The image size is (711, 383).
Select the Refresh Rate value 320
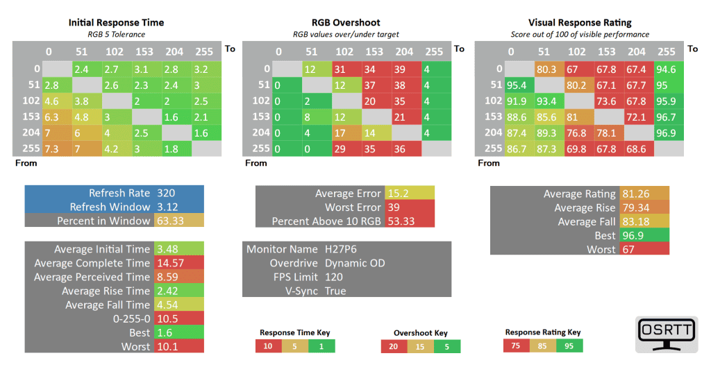coord(166,193)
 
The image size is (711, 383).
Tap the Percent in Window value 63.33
coord(170,221)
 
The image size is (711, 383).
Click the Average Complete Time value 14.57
coord(170,263)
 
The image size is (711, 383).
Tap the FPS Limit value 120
coord(334,277)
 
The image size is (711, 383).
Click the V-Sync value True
coord(335,291)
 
